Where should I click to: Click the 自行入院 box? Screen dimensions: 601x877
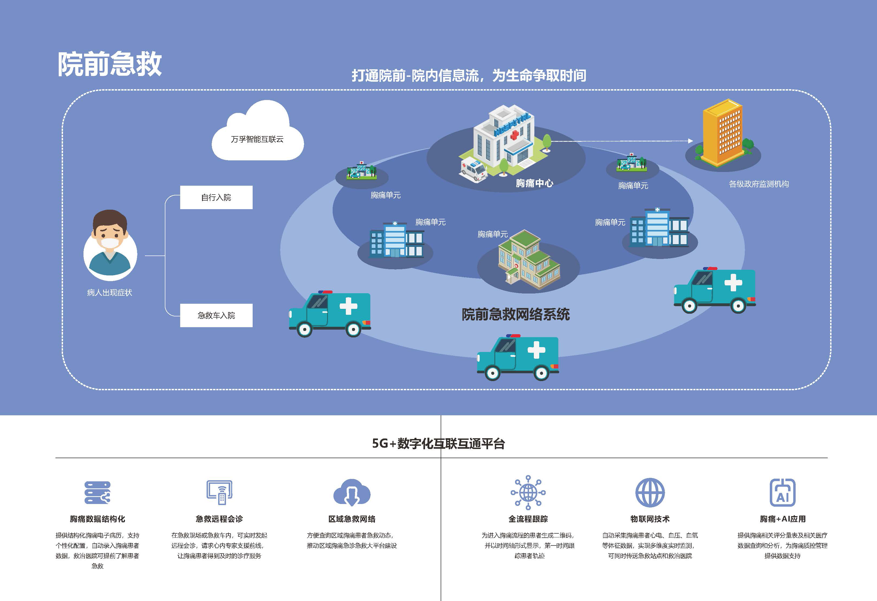tap(216, 198)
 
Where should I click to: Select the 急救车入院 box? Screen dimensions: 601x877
tap(216, 315)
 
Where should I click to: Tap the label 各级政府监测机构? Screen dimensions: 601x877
tap(758, 184)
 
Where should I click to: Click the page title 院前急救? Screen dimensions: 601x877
tap(109, 64)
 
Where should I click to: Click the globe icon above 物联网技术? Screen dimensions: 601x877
tap(650, 493)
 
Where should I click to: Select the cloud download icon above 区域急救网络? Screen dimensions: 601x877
tap(352, 493)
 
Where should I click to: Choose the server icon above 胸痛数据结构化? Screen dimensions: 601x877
tap(97, 493)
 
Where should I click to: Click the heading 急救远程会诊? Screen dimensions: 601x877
tap(219, 519)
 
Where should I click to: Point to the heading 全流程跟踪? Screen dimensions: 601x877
tap(528, 519)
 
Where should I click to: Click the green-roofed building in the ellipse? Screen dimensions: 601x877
tap(528, 261)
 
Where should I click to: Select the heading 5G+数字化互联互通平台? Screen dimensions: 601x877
tap(438, 444)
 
